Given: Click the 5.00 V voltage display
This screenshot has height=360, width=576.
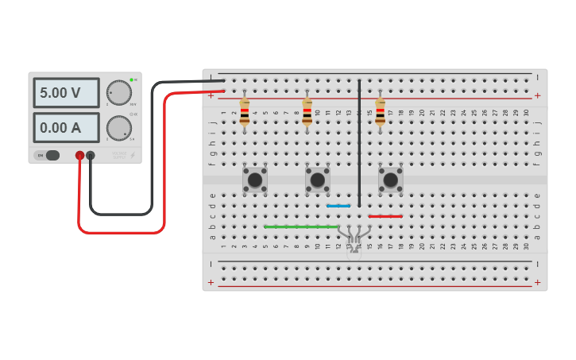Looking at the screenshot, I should click(66, 93).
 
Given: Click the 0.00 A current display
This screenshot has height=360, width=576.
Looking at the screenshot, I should click(66, 127).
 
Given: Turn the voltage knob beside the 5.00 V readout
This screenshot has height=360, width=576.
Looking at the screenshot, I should click(119, 93).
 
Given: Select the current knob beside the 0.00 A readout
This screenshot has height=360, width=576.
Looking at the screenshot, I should click(119, 128).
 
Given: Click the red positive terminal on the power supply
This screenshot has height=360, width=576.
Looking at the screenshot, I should click(79, 156).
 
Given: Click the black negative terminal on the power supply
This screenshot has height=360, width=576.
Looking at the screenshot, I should click(91, 156).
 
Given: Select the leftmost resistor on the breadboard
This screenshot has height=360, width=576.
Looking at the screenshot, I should click(244, 113).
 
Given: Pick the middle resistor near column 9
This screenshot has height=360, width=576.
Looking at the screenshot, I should click(307, 113).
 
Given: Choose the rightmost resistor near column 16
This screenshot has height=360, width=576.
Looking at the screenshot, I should click(380, 113).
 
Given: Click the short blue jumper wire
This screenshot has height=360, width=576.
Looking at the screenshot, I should click(338, 206).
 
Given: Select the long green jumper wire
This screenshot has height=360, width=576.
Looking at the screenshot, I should click(302, 226).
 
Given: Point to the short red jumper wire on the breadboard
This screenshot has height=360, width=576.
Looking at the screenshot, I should click(385, 216).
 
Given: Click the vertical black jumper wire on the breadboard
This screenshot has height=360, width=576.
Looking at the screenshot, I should click(359, 143).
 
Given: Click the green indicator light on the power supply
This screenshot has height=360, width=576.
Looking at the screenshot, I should click(131, 79).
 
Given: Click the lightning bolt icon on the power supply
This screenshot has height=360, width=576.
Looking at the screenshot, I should click(133, 155).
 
